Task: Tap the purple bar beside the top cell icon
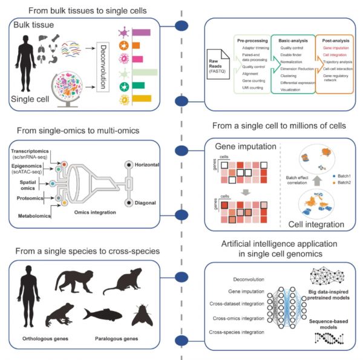tap(141, 30)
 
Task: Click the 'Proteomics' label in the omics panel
tap(28, 197)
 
